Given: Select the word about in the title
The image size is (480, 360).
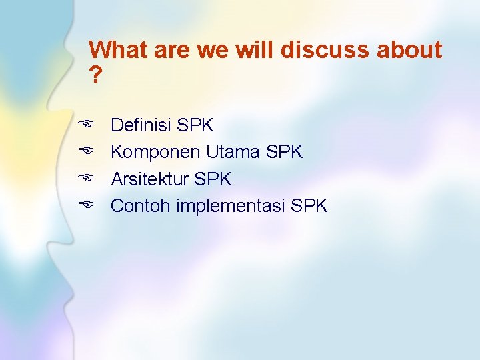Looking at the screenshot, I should (410, 50).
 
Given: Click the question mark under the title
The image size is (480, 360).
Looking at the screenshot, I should (96, 76).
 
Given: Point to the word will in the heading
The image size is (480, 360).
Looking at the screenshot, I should (260, 50).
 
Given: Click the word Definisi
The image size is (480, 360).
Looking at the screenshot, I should (141, 125).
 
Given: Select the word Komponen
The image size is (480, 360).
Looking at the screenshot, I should (155, 152).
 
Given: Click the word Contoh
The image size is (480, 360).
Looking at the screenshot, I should (141, 206).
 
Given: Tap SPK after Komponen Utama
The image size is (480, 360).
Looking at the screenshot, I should (284, 152).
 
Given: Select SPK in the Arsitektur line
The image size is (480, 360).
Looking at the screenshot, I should (213, 179).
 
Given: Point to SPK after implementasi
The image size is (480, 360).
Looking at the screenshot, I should (309, 206).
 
